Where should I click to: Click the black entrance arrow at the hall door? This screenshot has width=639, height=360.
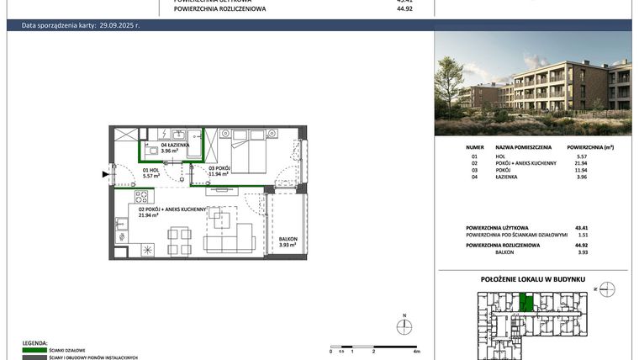[105, 174]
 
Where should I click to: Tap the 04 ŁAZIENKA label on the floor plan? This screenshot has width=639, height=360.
[175, 148]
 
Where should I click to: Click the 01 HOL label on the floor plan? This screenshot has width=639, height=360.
[128, 173]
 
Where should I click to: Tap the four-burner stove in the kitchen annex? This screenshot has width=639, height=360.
[140, 198]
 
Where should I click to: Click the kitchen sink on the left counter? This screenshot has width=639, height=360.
[120, 225]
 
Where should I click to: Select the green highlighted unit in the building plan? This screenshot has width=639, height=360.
[526, 302]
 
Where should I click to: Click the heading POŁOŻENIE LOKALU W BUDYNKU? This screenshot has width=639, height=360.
[533, 278]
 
